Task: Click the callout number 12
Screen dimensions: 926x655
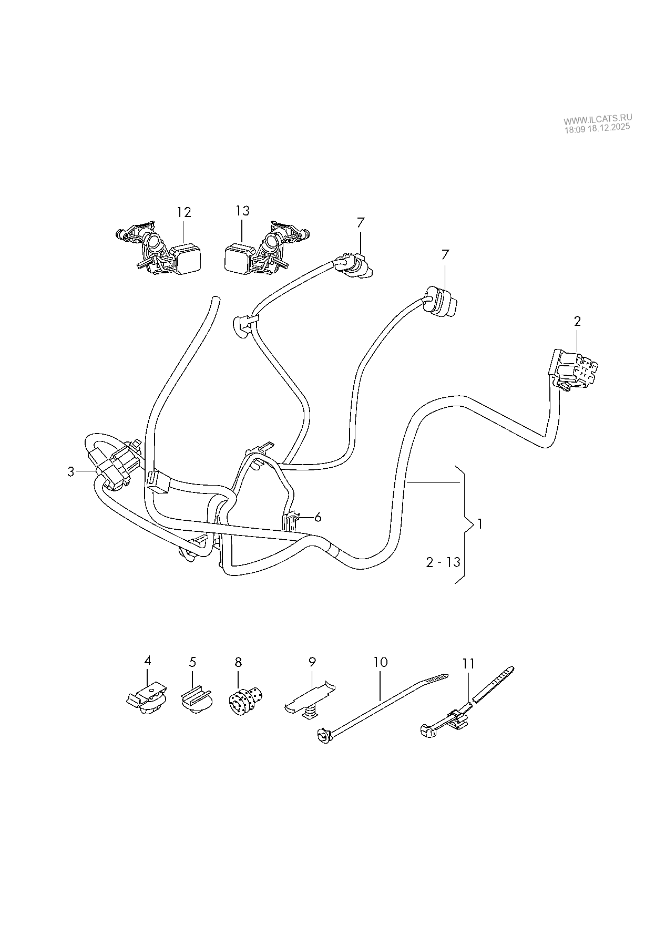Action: pyautogui.click(x=183, y=212)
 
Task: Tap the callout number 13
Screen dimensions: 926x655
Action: pyautogui.click(x=242, y=211)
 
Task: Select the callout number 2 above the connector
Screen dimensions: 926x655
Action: pyautogui.click(x=577, y=321)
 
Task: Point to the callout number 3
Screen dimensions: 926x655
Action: pyautogui.click(x=71, y=472)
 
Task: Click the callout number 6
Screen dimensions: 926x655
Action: pyautogui.click(x=318, y=517)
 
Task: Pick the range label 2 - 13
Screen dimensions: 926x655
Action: pyautogui.click(x=443, y=562)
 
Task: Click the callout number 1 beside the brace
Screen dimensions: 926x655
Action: pyautogui.click(x=479, y=524)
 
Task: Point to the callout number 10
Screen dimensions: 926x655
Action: pyautogui.click(x=380, y=662)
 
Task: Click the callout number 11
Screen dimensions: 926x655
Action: pyautogui.click(x=468, y=663)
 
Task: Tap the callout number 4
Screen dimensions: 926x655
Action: pyautogui.click(x=147, y=660)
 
